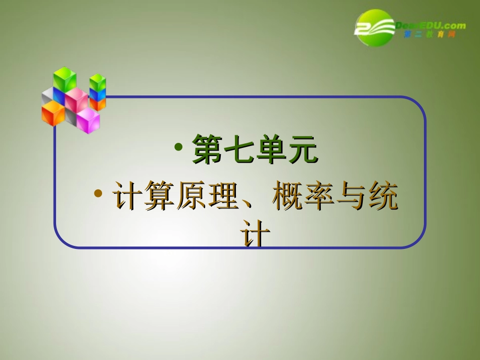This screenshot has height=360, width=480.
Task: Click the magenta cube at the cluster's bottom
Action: point(88,121)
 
